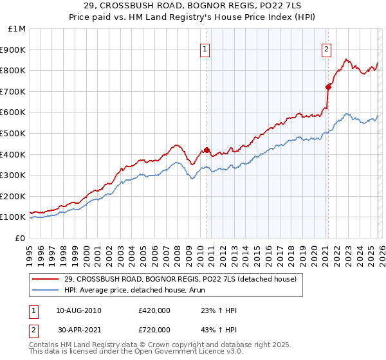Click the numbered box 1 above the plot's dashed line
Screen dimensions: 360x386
pyautogui.click(x=205, y=49)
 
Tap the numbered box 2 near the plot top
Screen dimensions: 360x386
pyautogui.click(x=326, y=49)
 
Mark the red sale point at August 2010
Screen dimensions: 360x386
pyautogui.click(x=207, y=150)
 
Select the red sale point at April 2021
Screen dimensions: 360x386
pyautogui.click(x=328, y=87)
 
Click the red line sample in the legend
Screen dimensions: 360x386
pyautogui.click(x=46, y=280)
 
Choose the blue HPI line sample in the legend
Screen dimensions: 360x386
pyautogui.click(x=46, y=291)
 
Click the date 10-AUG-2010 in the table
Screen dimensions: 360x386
pyautogui.click(x=78, y=310)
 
